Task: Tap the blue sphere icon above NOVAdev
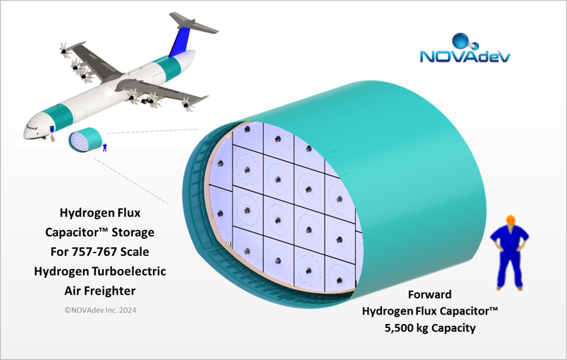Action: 461,41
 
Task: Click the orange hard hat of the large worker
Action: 510,219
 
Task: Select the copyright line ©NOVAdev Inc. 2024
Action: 100,310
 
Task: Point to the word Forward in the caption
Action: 429,295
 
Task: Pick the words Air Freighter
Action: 100,291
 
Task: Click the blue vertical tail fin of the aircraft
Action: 180,41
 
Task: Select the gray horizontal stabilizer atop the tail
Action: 194,23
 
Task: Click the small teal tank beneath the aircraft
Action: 85,140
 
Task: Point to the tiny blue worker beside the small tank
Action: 105,147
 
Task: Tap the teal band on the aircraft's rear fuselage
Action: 167,69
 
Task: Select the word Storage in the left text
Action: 133,232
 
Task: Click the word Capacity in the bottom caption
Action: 453,328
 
